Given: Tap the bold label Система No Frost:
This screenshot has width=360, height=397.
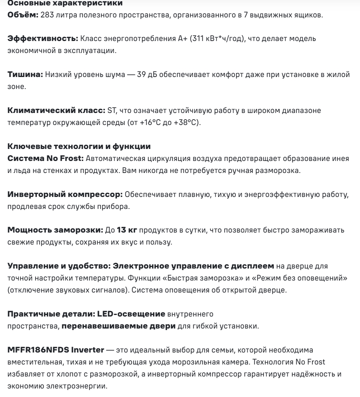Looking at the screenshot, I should tap(45, 159).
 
